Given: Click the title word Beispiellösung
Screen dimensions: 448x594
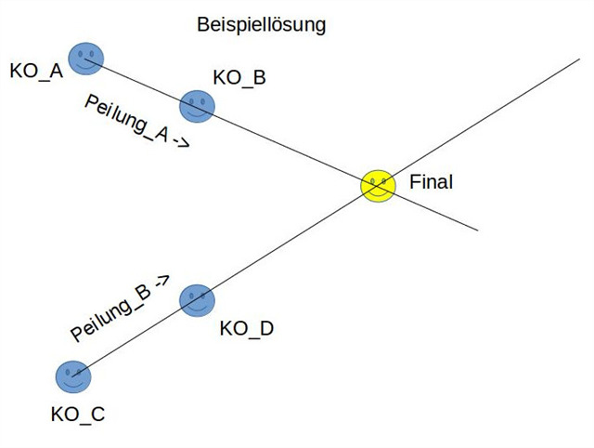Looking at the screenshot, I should (262, 25).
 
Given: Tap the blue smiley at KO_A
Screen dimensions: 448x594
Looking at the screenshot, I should (86, 59).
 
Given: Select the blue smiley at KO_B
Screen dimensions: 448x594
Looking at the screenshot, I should (197, 105).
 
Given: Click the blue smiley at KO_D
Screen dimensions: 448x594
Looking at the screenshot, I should (197, 300).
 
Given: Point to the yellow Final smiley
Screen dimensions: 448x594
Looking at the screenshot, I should (378, 184).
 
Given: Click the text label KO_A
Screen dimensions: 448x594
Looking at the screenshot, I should (36, 71).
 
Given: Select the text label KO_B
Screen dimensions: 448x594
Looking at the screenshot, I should (239, 78).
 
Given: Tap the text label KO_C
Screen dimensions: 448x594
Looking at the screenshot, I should (78, 415).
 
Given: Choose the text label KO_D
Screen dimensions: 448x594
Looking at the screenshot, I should (247, 328).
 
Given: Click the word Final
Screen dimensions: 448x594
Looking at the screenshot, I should (431, 183).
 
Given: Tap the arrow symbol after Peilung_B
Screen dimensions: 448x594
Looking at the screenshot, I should (162, 282).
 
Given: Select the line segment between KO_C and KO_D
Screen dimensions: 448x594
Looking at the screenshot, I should (135, 338).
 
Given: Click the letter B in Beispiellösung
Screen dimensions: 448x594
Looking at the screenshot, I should (202, 25).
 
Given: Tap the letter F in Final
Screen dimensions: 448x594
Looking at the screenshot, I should (414, 183).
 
